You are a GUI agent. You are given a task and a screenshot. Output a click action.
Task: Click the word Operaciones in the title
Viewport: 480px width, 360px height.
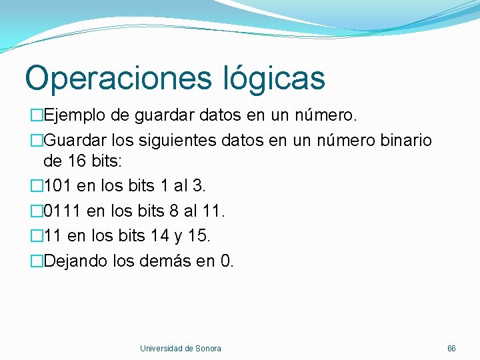pyautogui.click(x=116, y=78)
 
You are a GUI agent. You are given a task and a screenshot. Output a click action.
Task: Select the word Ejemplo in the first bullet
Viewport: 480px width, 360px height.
pyautogui.click(x=75, y=117)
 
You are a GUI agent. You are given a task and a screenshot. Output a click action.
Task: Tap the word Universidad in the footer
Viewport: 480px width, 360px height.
pyautogui.click(x=161, y=349)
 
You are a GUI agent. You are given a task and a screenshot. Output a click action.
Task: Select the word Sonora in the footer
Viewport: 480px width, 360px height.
pyautogui.click(x=208, y=349)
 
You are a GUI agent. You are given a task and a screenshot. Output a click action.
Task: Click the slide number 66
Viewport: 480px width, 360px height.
pyautogui.click(x=451, y=349)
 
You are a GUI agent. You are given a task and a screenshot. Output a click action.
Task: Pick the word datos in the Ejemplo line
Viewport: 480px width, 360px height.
pyautogui.click(x=220, y=117)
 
